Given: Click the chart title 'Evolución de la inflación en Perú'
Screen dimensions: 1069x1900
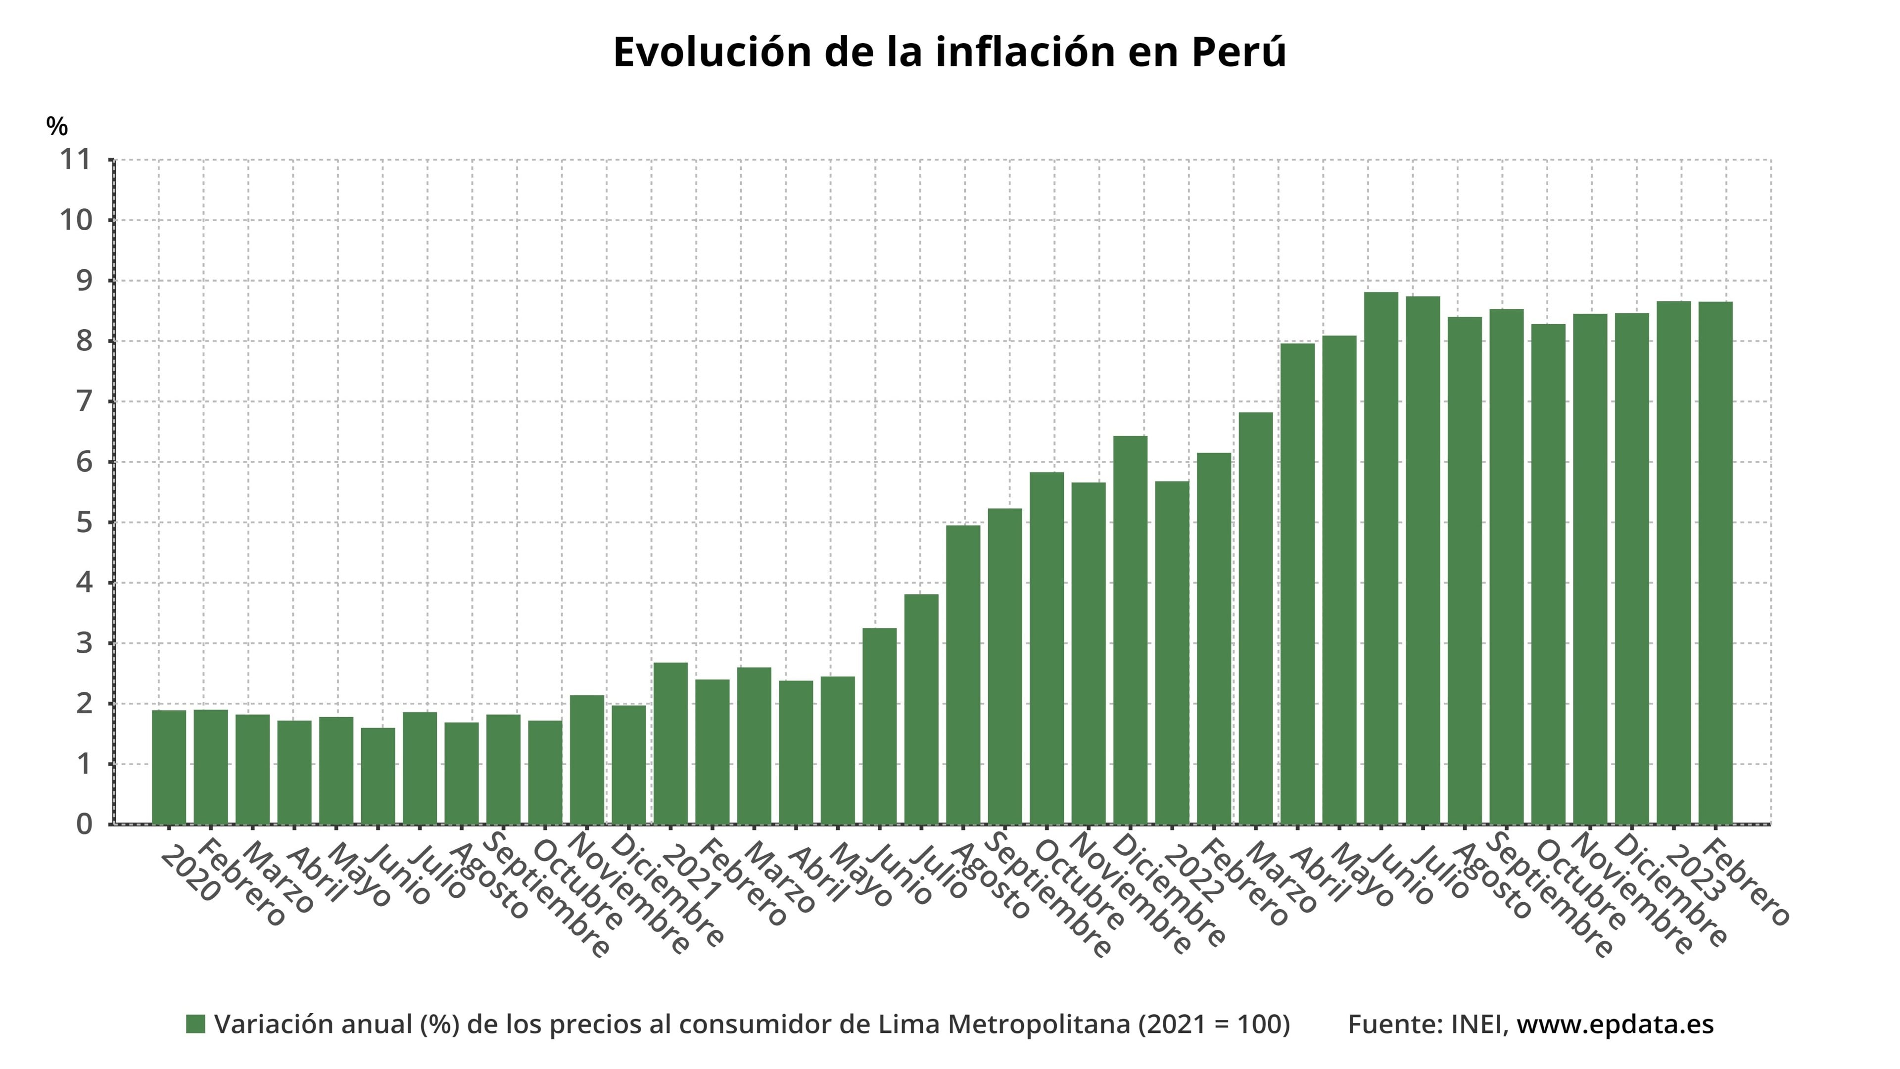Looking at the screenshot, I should coord(950,52).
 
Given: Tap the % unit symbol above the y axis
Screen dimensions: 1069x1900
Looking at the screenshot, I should coord(57,126).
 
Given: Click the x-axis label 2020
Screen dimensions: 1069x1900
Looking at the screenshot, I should coord(190,874).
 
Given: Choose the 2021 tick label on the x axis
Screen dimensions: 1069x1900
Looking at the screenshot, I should coord(691,874).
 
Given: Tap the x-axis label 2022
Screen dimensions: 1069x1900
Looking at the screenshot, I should coord(1192,874).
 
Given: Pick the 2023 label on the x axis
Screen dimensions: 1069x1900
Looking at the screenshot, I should coord(1694,874).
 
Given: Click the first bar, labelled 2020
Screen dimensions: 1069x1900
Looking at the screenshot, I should coord(169,767).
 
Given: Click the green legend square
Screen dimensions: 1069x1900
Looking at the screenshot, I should coord(195,1024).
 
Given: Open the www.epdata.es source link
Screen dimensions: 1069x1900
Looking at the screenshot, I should coord(1615,1024).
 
